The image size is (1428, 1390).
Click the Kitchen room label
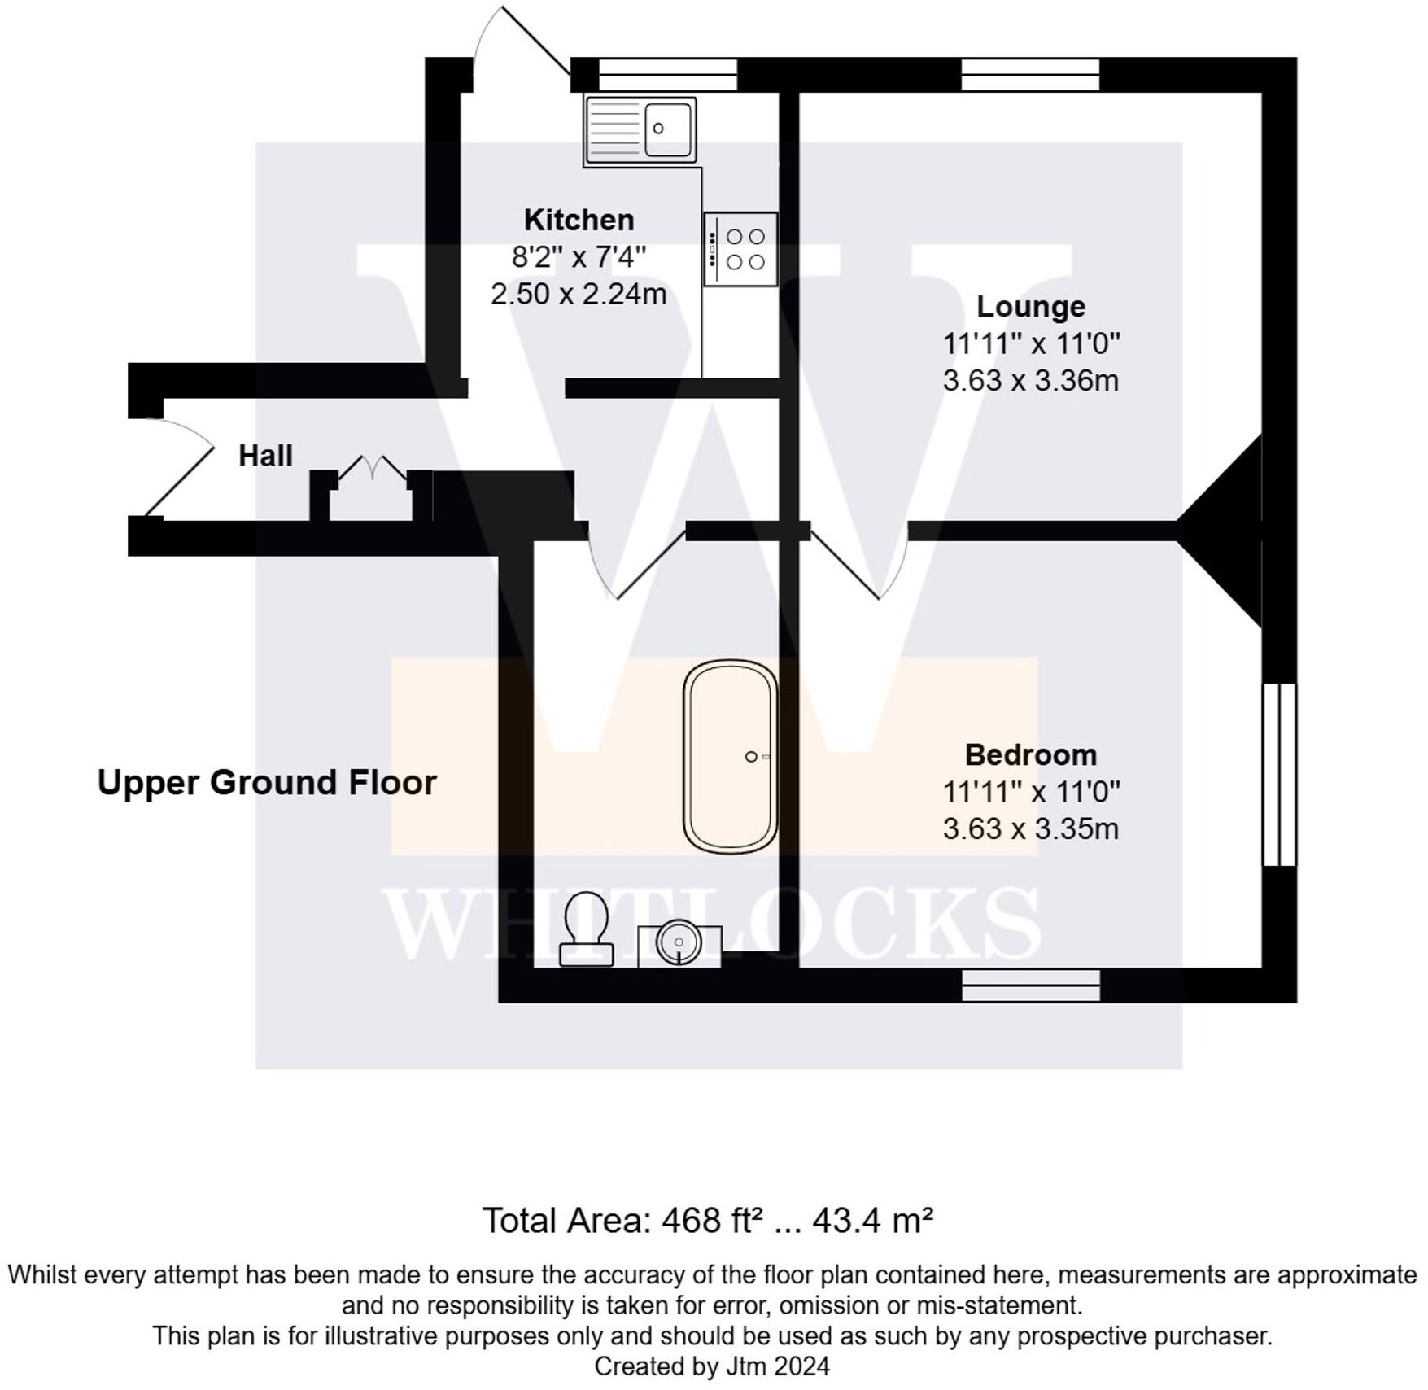579,220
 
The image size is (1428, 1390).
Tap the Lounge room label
1030,307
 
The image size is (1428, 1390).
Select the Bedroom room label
1030,755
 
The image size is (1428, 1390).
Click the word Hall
265,456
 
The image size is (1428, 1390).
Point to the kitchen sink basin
668,129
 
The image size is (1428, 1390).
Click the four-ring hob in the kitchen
741,249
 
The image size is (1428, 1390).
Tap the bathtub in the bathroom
730,756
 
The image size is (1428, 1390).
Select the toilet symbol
586,928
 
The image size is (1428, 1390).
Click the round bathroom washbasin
679,943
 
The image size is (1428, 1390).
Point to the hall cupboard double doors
372,471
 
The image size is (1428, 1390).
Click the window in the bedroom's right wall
1279,774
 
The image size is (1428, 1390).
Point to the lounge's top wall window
1030,74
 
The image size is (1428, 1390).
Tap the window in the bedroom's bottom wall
1030,985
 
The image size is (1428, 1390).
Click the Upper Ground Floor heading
267,783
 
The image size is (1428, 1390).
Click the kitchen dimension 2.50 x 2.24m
579,294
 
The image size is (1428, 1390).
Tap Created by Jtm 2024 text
712,1366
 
